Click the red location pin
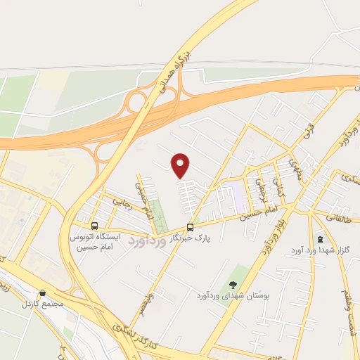point(181,165)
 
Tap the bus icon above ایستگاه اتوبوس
point(94,226)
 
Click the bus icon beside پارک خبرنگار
point(190,227)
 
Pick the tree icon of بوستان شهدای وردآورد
point(233,285)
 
